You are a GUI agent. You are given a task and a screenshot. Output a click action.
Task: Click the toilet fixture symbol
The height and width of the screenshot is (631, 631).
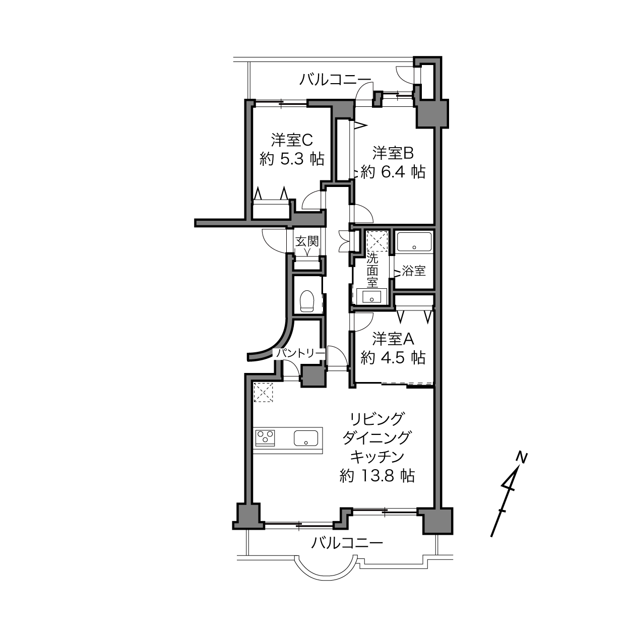click(307, 300)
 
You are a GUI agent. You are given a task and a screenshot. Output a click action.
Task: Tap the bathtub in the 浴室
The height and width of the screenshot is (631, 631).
click(414, 242)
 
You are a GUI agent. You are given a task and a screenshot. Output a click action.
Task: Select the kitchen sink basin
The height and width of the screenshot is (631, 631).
click(306, 438)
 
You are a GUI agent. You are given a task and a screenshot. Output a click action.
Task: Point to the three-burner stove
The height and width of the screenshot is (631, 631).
click(265, 438)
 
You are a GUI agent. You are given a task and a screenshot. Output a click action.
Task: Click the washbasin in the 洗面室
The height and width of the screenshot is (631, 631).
click(371, 296)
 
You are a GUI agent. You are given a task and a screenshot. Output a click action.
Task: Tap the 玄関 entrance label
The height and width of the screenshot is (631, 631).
click(307, 241)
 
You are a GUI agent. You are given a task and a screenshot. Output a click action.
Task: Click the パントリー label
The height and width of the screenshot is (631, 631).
click(300, 353)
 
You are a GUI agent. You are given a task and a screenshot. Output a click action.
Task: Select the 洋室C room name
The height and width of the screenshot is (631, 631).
click(292, 140)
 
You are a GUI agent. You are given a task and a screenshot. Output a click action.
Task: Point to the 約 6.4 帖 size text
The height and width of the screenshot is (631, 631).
click(393, 171)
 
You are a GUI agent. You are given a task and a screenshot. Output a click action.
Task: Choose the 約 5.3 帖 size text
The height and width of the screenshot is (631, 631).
click(292, 159)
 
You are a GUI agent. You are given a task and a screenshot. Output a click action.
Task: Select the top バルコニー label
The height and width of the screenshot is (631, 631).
click(336, 80)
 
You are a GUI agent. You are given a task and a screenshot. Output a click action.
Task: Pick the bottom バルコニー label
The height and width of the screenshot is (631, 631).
click(347, 543)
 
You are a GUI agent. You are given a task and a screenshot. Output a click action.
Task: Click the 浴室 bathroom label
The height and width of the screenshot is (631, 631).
click(414, 271)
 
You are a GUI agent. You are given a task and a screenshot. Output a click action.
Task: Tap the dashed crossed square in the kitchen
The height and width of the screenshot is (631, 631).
click(264, 392)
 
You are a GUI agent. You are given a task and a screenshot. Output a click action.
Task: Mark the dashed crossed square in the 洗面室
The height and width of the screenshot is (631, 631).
click(377, 241)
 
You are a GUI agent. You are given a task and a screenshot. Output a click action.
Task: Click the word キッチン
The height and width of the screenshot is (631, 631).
click(377, 457)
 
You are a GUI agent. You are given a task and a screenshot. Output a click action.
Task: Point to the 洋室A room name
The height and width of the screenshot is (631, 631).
click(393, 339)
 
